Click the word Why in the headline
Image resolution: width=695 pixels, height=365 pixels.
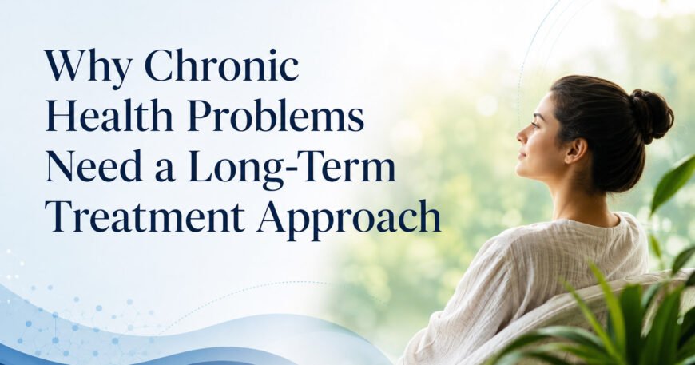point(88,67)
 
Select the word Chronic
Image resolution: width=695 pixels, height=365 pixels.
point(221,66)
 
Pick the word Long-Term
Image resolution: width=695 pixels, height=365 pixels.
point(292,169)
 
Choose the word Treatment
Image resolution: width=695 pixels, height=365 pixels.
point(145,217)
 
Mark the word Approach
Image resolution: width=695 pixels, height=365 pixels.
point(349,219)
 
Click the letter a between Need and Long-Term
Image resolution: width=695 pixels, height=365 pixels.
point(165,172)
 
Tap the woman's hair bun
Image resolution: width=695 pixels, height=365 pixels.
point(651,115)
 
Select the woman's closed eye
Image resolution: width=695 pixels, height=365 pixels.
point(532,125)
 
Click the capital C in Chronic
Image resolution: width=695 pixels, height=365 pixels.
point(161,66)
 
